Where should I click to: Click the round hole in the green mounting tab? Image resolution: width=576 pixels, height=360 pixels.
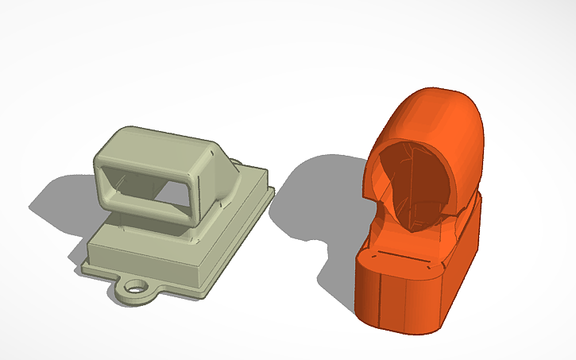point(138,285)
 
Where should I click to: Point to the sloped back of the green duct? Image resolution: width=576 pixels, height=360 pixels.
point(231,168)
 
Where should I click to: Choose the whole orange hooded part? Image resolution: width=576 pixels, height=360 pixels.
point(421,215)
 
